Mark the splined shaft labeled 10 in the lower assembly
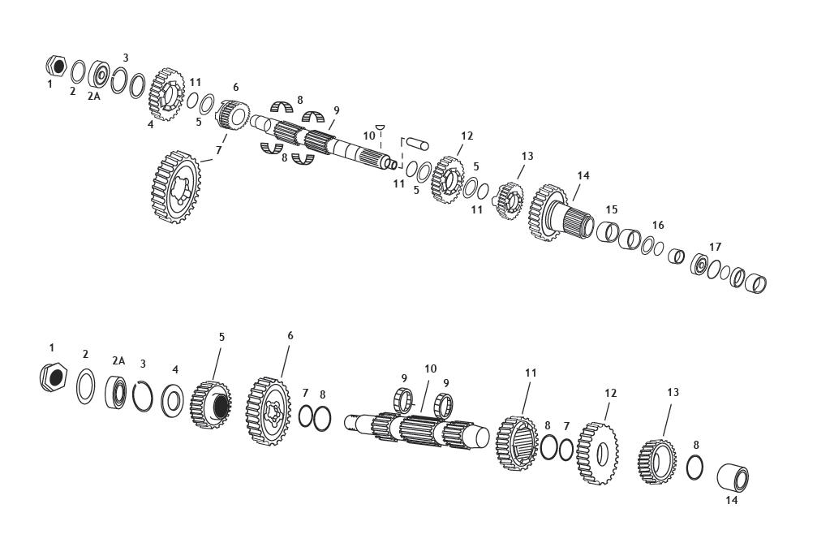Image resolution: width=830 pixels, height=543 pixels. click(418, 426)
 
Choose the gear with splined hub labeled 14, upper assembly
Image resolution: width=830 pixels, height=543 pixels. click(556, 213)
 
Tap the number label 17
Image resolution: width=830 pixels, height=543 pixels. click(714, 247)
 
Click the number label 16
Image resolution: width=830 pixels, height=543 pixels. click(658, 225)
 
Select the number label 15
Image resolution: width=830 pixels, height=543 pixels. click(611, 209)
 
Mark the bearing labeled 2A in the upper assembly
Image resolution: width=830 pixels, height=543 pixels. click(100, 75)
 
